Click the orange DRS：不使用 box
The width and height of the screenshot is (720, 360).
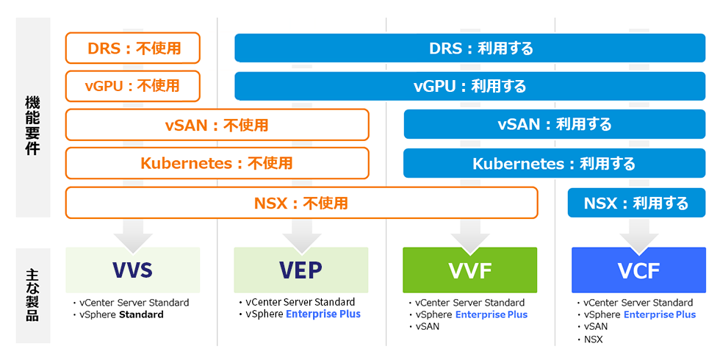coord(133,48)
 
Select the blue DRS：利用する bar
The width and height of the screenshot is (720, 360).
coord(469,48)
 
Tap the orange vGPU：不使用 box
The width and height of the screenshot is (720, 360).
coord(133,86)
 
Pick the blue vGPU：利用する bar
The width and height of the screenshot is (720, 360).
coord(469,86)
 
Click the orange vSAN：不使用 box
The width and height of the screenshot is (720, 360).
coord(217,124)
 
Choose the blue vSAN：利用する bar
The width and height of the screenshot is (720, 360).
coord(555,124)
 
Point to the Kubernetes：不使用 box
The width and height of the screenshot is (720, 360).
coord(217,163)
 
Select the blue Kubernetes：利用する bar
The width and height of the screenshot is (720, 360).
coord(555,163)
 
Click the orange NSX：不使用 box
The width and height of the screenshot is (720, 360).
coord(302,203)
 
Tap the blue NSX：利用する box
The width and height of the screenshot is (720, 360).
coord(636,203)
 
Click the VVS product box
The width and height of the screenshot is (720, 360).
coord(133,270)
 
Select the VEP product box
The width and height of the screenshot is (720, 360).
coord(301,270)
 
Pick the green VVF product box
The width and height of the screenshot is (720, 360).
coord(469,270)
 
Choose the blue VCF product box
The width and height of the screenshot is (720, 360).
coord(638,270)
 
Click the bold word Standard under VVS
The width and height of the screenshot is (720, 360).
coord(141,314)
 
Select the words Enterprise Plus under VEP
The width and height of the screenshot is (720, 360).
coord(323,314)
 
